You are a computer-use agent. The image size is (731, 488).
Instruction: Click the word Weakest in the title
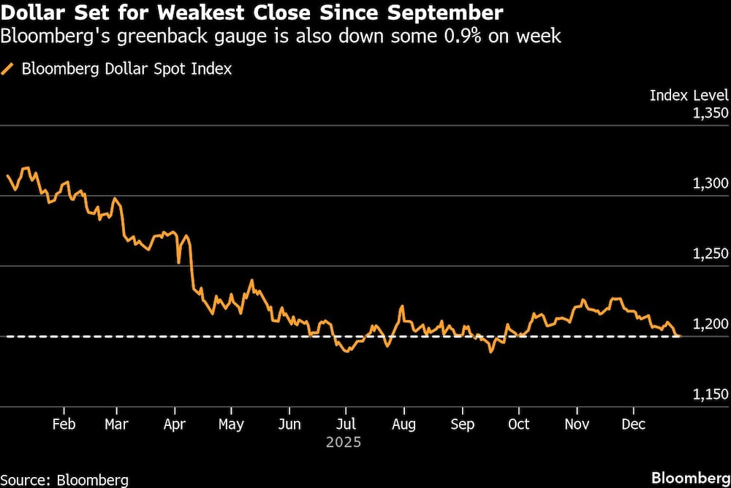[195, 12]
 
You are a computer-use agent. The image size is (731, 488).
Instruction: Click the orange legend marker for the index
[9, 69]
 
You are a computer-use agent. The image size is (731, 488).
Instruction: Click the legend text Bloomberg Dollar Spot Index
[126, 69]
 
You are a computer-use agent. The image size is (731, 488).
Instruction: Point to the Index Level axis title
[689, 95]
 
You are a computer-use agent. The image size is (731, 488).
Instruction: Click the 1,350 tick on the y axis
[710, 113]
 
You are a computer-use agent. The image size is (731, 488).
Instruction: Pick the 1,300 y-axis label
[710, 183]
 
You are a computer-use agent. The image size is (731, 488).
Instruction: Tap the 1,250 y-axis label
[710, 253]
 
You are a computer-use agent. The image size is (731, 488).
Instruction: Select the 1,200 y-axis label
[710, 324]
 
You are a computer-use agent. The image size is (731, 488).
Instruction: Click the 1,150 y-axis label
[710, 394]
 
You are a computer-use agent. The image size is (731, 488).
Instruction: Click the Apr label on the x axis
[175, 424]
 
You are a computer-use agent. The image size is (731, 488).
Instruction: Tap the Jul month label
[346, 424]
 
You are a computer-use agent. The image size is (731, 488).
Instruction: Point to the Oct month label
[518, 424]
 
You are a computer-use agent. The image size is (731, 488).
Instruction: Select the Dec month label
[633, 424]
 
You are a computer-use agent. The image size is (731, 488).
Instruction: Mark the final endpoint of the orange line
[680, 336]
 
